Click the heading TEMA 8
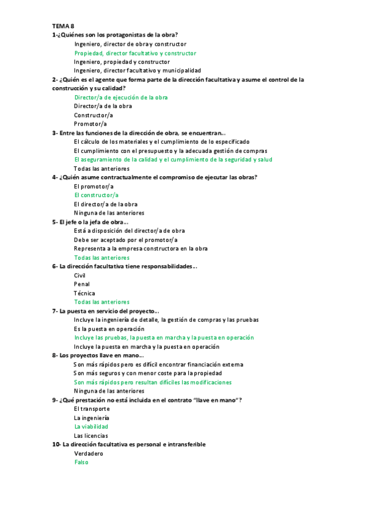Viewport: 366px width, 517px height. click(62, 26)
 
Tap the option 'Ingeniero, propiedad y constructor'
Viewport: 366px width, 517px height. click(122, 62)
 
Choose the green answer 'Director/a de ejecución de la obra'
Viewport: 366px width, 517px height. click(120, 97)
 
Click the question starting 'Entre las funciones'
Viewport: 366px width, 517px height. click(139, 133)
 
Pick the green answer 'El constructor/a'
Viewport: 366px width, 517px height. click(96, 195)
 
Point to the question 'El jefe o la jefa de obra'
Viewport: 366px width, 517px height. click(90, 222)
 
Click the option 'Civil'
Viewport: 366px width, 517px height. click(79, 276)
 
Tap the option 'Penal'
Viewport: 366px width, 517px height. click(81, 284)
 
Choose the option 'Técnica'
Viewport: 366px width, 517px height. click(84, 293)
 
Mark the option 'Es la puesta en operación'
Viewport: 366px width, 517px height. click(109, 329)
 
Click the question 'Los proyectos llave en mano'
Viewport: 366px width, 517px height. click(98, 355)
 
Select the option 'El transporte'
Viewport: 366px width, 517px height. click(92, 408)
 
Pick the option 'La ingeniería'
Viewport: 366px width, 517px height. click(92, 418)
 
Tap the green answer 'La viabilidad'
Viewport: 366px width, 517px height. click(91, 427)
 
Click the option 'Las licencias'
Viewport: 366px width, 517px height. click(91, 436)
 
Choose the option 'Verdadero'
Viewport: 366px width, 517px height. click(89, 454)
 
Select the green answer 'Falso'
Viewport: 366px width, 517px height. click(81, 462)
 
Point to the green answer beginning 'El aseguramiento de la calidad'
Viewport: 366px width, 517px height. click(173, 160)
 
